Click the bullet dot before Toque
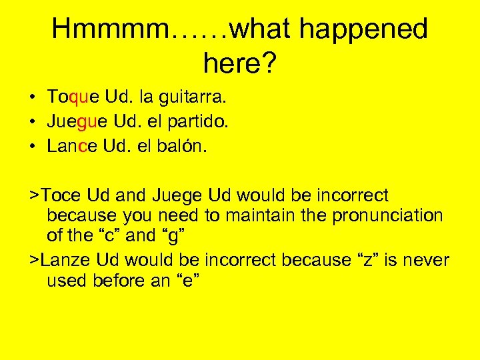[33, 99]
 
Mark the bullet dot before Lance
[33, 147]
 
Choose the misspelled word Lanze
[67, 260]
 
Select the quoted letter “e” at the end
[188, 281]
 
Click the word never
[430, 260]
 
